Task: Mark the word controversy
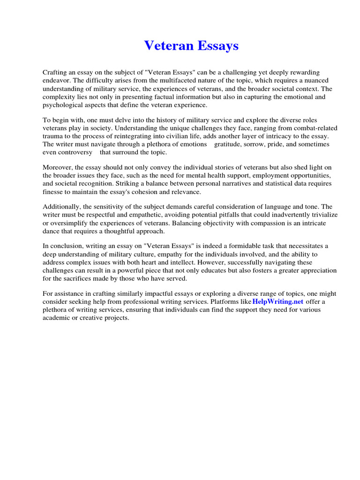[x=75, y=152]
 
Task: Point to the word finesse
[x=54, y=192]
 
